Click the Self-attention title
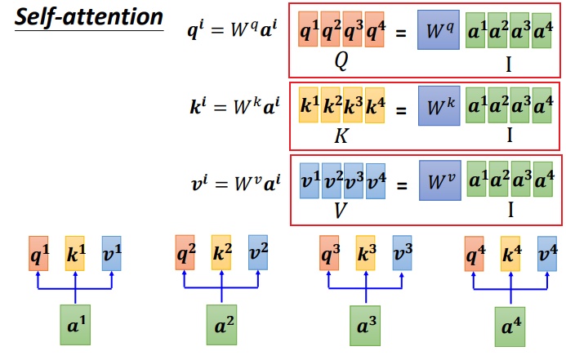[89, 17]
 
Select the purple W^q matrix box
[439, 29]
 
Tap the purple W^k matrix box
[439, 105]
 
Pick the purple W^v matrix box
[440, 180]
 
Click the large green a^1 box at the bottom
[75, 325]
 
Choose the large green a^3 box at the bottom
[365, 326]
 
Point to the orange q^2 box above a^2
[185, 252]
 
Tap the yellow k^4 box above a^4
[510, 254]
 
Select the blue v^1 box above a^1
[112, 253]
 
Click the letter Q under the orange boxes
[341, 61]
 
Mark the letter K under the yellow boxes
[341, 136]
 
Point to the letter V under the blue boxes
[341, 211]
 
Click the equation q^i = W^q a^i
[233, 29]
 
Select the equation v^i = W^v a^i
[235, 183]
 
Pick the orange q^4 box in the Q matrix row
[374, 29]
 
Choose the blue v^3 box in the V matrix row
[354, 180]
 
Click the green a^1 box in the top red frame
[475, 30]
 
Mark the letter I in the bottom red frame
[510, 209]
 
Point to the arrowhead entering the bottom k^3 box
[366, 274]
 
